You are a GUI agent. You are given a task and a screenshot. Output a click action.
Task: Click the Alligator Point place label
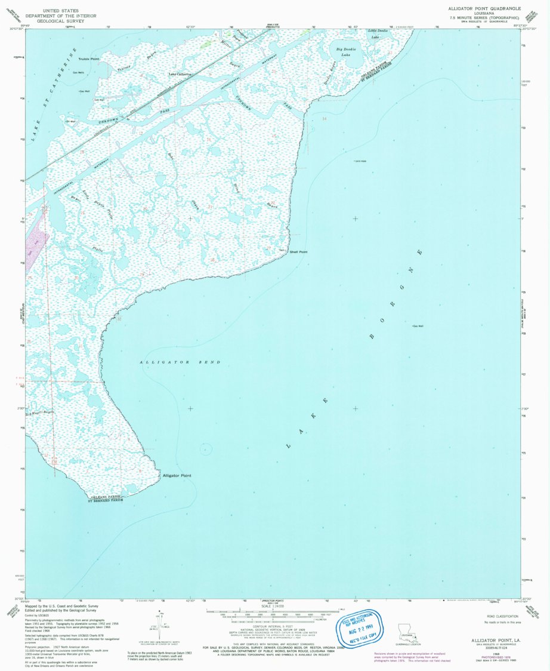click(177, 475)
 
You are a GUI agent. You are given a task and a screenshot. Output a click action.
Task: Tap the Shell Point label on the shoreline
click(298, 252)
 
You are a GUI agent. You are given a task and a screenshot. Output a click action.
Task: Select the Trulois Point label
click(86, 59)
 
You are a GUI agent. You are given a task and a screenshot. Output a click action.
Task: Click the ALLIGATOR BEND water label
click(180, 362)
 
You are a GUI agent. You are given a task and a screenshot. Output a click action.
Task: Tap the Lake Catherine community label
click(180, 75)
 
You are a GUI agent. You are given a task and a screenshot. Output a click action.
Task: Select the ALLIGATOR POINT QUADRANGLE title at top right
click(484, 9)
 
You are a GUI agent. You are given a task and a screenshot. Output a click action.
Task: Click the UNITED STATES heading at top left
click(69, 10)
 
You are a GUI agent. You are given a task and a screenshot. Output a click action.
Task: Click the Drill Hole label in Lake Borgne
click(360, 161)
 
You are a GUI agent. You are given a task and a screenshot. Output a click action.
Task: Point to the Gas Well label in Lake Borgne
click(417, 326)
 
